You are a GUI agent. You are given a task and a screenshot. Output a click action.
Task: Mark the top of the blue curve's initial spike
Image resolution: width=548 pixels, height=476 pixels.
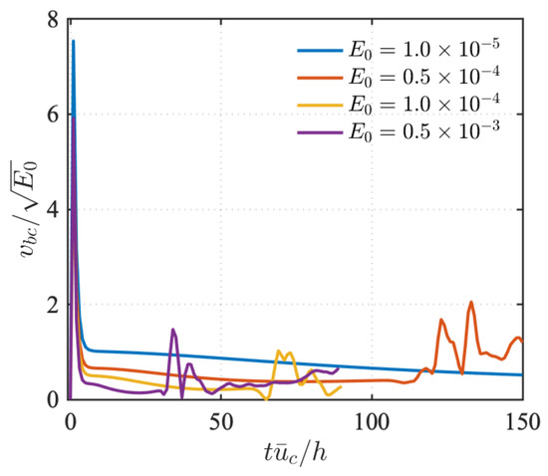[73, 42]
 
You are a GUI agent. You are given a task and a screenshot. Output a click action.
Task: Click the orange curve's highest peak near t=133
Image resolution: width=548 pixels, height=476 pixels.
[471, 302]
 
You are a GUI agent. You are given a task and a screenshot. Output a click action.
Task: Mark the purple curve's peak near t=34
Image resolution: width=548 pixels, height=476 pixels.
[173, 330]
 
